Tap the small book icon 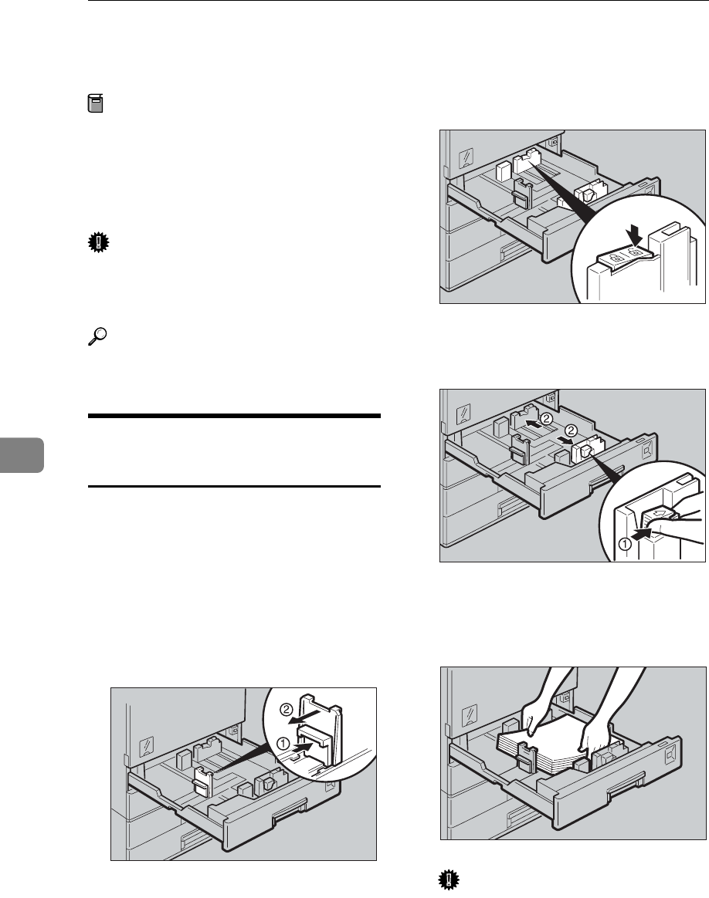95,104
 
